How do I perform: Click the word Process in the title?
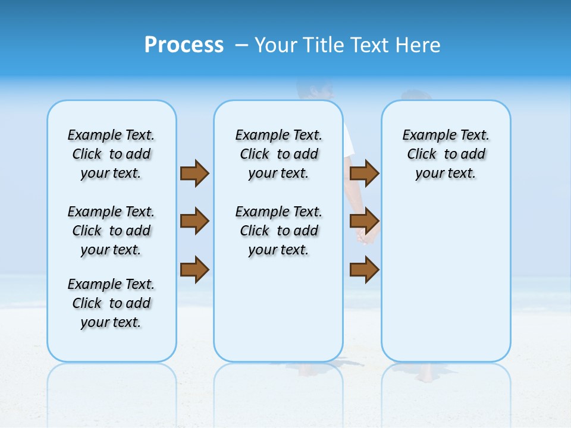[184, 45]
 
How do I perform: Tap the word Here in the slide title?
[419, 45]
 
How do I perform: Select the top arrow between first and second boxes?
[194, 173]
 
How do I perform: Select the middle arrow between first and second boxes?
[194, 221]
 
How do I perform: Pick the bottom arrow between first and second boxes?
[194, 269]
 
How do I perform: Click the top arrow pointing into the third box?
[364, 173]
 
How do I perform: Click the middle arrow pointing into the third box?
[364, 221]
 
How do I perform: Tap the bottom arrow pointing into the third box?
[364, 269]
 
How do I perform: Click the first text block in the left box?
[111, 154]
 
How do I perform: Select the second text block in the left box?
[111, 231]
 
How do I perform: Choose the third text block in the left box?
[111, 303]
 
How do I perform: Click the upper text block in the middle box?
[278, 154]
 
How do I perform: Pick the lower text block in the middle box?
[278, 231]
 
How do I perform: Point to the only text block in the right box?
[445, 154]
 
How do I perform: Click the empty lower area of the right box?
[445, 279]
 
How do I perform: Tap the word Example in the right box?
[424, 135]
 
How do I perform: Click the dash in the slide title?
[241, 45]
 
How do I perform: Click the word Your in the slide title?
[277, 45]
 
